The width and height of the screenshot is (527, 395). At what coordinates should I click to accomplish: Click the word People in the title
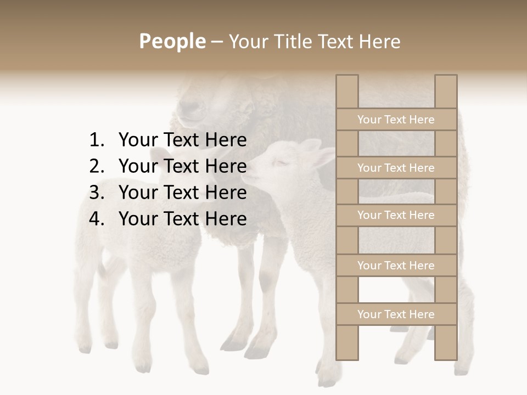[172, 41]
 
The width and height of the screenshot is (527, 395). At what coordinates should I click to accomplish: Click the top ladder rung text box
[396, 120]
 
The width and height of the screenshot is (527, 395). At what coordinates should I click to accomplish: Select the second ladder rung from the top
[396, 168]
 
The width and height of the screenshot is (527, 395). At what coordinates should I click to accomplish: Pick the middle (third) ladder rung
[396, 216]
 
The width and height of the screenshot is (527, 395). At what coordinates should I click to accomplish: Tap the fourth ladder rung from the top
[396, 266]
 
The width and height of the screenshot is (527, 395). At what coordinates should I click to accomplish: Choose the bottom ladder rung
[396, 314]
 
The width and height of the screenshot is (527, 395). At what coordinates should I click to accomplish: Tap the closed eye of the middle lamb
[281, 161]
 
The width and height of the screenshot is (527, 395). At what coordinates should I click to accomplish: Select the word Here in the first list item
[226, 140]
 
